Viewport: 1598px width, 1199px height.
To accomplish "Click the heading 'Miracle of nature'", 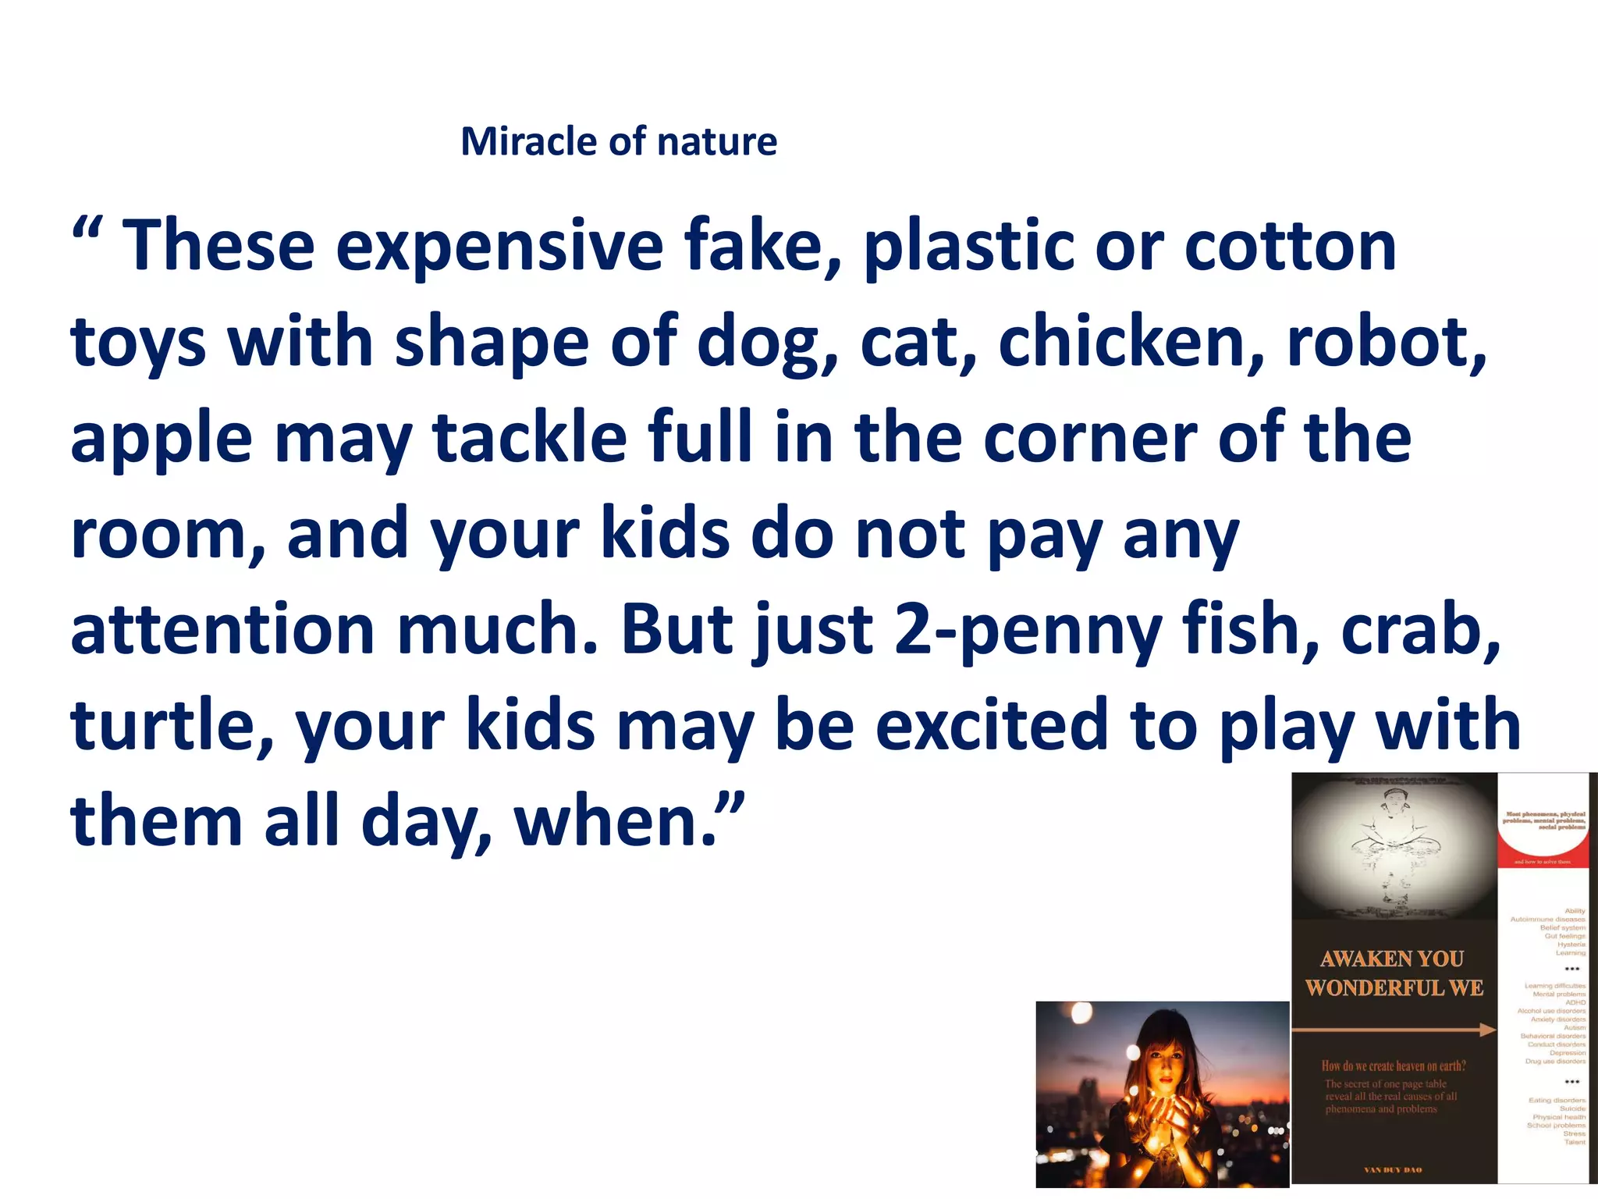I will pyautogui.click(x=619, y=142).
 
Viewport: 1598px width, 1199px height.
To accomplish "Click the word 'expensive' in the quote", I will pyautogui.click(x=499, y=247).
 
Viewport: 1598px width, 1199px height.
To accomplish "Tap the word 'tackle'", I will pyautogui.click(x=530, y=438).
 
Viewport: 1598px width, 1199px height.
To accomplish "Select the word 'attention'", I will pyautogui.click(x=222, y=630).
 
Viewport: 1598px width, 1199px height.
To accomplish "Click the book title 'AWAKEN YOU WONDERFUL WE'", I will pyautogui.click(x=1394, y=973).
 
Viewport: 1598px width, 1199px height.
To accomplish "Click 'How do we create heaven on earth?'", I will pyautogui.click(x=1394, y=1066).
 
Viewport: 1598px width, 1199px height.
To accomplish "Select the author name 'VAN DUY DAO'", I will pyautogui.click(x=1393, y=1170).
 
